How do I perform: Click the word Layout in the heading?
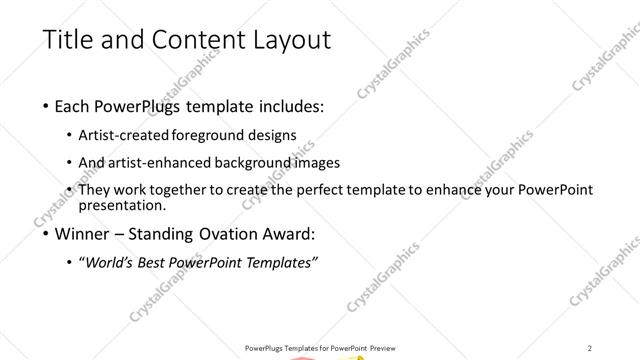pos(291,40)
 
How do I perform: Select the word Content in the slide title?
pos(199,40)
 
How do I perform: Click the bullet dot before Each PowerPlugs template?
pos(46,107)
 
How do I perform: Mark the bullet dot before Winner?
pos(46,237)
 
